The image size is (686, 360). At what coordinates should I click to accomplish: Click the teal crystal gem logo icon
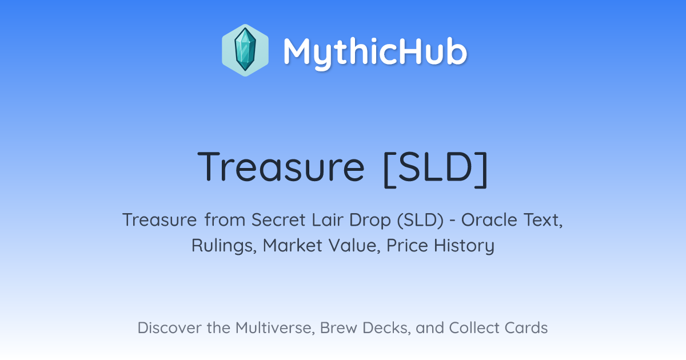click(x=245, y=50)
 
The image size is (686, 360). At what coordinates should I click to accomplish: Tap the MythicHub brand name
click(x=375, y=53)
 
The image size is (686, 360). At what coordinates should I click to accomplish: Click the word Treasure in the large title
click(x=281, y=167)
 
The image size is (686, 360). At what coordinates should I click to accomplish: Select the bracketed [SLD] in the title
click(x=436, y=169)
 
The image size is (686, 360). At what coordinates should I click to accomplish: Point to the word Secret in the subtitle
click(x=278, y=220)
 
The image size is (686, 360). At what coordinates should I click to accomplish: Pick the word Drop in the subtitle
click(x=370, y=221)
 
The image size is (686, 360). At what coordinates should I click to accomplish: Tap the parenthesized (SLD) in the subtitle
click(x=420, y=221)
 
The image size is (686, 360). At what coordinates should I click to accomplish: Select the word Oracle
click(x=489, y=220)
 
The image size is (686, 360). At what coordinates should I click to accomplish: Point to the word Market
click(x=292, y=246)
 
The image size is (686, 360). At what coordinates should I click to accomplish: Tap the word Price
click(x=407, y=246)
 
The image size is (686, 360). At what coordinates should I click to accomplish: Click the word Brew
click(x=338, y=328)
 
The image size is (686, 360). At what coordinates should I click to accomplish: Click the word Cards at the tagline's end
click(x=526, y=328)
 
